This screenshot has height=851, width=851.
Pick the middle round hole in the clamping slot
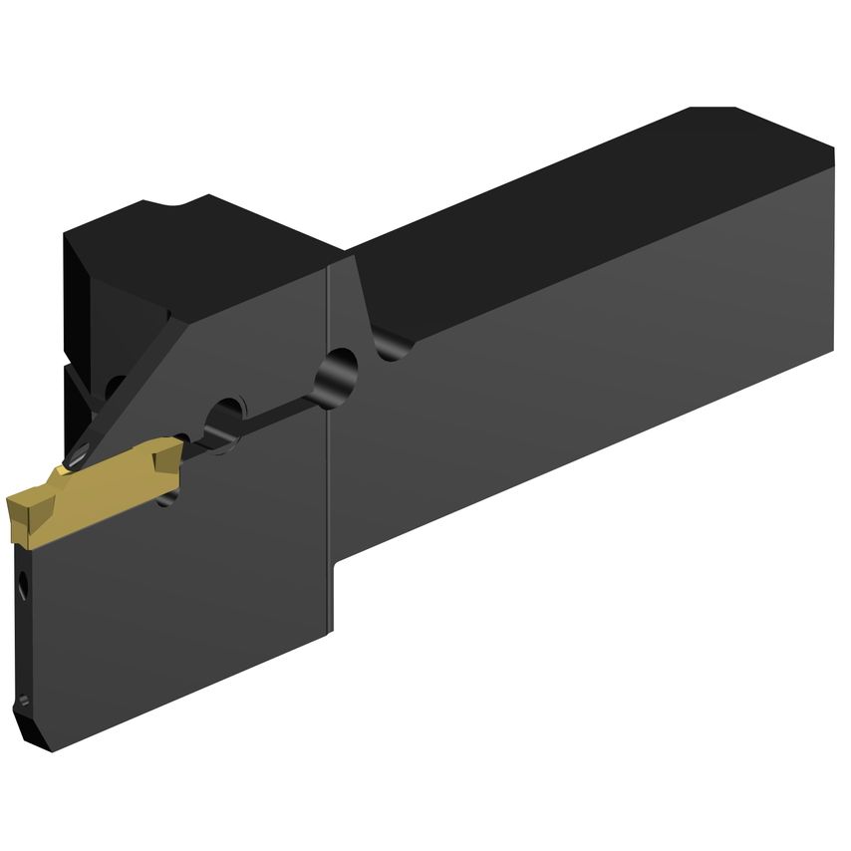[226, 417]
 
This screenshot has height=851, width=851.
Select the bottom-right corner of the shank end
[831, 350]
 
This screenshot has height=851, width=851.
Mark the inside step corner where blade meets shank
[335, 578]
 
